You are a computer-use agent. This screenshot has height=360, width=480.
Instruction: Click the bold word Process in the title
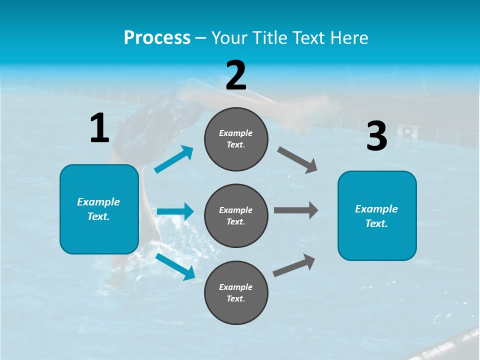tap(157, 38)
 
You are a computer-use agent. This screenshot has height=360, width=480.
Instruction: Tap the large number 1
tap(99, 128)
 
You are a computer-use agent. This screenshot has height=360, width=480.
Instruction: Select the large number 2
tap(236, 75)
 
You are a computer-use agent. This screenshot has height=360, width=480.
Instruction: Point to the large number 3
tap(377, 136)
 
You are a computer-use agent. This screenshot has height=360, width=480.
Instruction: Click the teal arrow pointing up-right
tap(174, 159)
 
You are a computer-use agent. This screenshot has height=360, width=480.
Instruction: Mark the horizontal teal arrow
tap(175, 211)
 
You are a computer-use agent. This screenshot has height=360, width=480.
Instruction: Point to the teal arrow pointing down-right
tap(175, 266)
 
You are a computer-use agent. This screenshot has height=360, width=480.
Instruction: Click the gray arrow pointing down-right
tap(297, 160)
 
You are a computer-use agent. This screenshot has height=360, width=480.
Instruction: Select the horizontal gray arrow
tap(295, 210)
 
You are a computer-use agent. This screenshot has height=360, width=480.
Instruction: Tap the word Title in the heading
tap(269, 38)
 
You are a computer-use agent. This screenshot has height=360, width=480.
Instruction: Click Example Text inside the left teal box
tap(99, 209)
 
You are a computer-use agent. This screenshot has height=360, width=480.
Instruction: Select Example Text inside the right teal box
tap(377, 216)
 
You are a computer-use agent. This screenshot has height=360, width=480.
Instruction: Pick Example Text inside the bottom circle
tap(236, 292)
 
